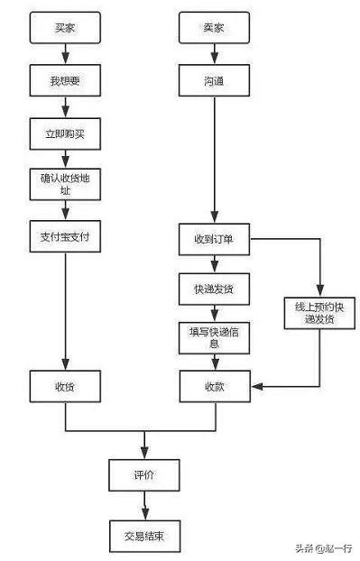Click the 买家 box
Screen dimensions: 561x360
(x=66, y=29)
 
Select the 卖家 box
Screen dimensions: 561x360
(x=215, y=29)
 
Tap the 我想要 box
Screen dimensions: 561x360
(x=66, y=81)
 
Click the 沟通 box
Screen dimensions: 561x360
(x=215, y=81)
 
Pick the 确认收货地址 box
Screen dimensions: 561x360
(x=66, y=184)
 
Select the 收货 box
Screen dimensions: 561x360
(x=66, y=386)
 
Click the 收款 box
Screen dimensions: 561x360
(x=215, y=386)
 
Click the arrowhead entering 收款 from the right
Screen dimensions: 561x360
(x=256, y=386)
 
